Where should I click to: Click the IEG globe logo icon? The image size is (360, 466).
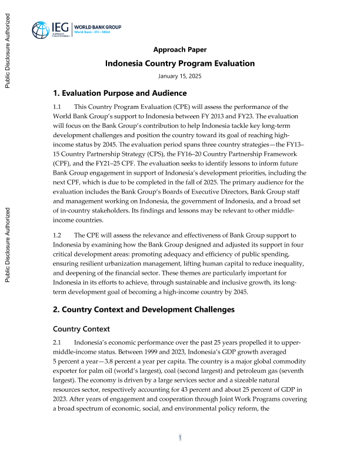pos(41,30)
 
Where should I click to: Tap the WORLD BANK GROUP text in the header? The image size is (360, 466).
pos(97,27)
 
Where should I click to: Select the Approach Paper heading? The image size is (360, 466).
pos(179,49)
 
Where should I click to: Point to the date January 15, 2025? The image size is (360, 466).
pos(179,76)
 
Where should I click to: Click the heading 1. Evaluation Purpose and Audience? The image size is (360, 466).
pos(120,94)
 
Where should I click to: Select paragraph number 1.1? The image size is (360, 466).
pos(57,107)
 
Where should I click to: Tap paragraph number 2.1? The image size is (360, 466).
pos(57,343)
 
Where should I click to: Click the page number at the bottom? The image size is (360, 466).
pos(181,437)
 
